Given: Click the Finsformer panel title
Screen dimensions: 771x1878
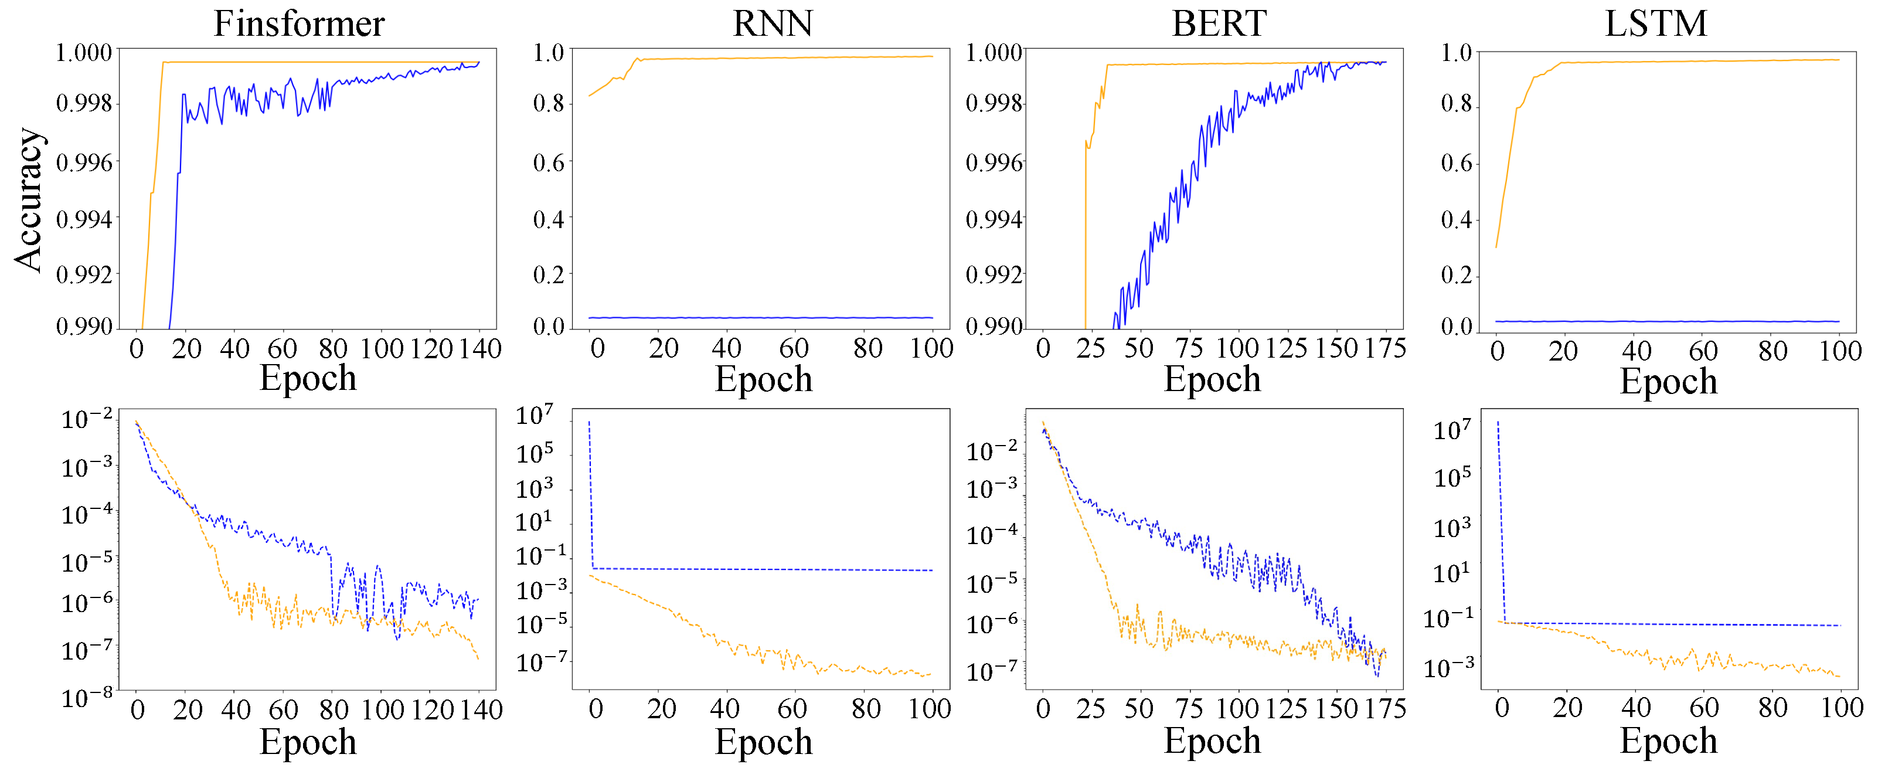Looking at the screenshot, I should (x=299, y=23).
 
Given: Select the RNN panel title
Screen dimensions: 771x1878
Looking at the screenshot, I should (x=772, y=23).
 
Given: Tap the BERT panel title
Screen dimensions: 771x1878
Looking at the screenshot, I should (x=1219, y=23).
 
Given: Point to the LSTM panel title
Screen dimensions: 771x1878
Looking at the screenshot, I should (x=1656, y=23).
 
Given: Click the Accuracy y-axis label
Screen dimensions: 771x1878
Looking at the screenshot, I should (x=29, y=201).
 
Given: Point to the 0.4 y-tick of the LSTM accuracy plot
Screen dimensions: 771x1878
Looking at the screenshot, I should (x=1457, y=219).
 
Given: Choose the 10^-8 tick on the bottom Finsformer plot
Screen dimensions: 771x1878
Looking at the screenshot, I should (x=87, y=697).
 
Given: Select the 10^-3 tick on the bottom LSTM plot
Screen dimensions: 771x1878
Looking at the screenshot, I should (x=1448, y=667).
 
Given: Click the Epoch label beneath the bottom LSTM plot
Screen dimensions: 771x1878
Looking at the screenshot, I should (x=1668, y=741).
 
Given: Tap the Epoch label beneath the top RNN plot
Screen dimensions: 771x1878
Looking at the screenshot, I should (x=763, y=379).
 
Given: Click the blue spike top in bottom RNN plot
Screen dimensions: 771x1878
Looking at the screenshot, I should (x=589, y=422).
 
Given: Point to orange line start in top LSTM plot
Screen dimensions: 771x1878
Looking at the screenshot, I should (x=1496, y=247).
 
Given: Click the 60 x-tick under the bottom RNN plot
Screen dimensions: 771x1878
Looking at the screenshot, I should (x=792, y=708).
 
